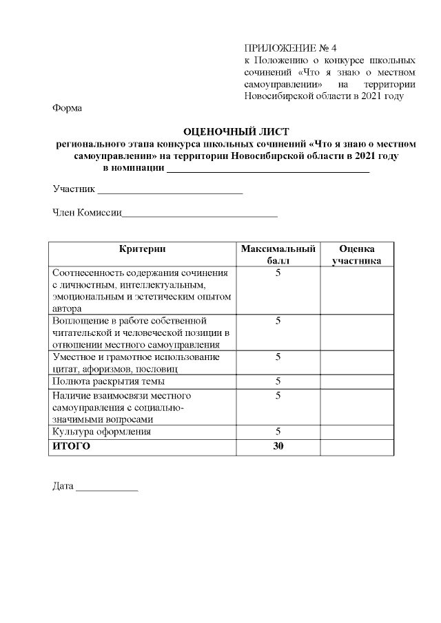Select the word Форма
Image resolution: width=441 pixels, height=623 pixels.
tap(67, 108)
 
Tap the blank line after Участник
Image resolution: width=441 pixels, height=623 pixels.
tap(170, 191)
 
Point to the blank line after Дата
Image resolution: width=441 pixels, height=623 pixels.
tap(107, 487)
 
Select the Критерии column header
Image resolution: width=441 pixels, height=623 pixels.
tap(142, 249)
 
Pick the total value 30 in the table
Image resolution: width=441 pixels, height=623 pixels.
tap(278, 446)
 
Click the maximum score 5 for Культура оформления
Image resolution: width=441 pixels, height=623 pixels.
tap(278, 432)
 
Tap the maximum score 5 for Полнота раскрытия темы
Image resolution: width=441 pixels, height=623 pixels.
tap(278, 381)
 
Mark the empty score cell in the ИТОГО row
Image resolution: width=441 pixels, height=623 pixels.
tap(357, 446)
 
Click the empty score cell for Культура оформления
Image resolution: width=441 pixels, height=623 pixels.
tap(357, 432)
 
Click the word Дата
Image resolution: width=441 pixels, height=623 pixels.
tap(63, 486)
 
